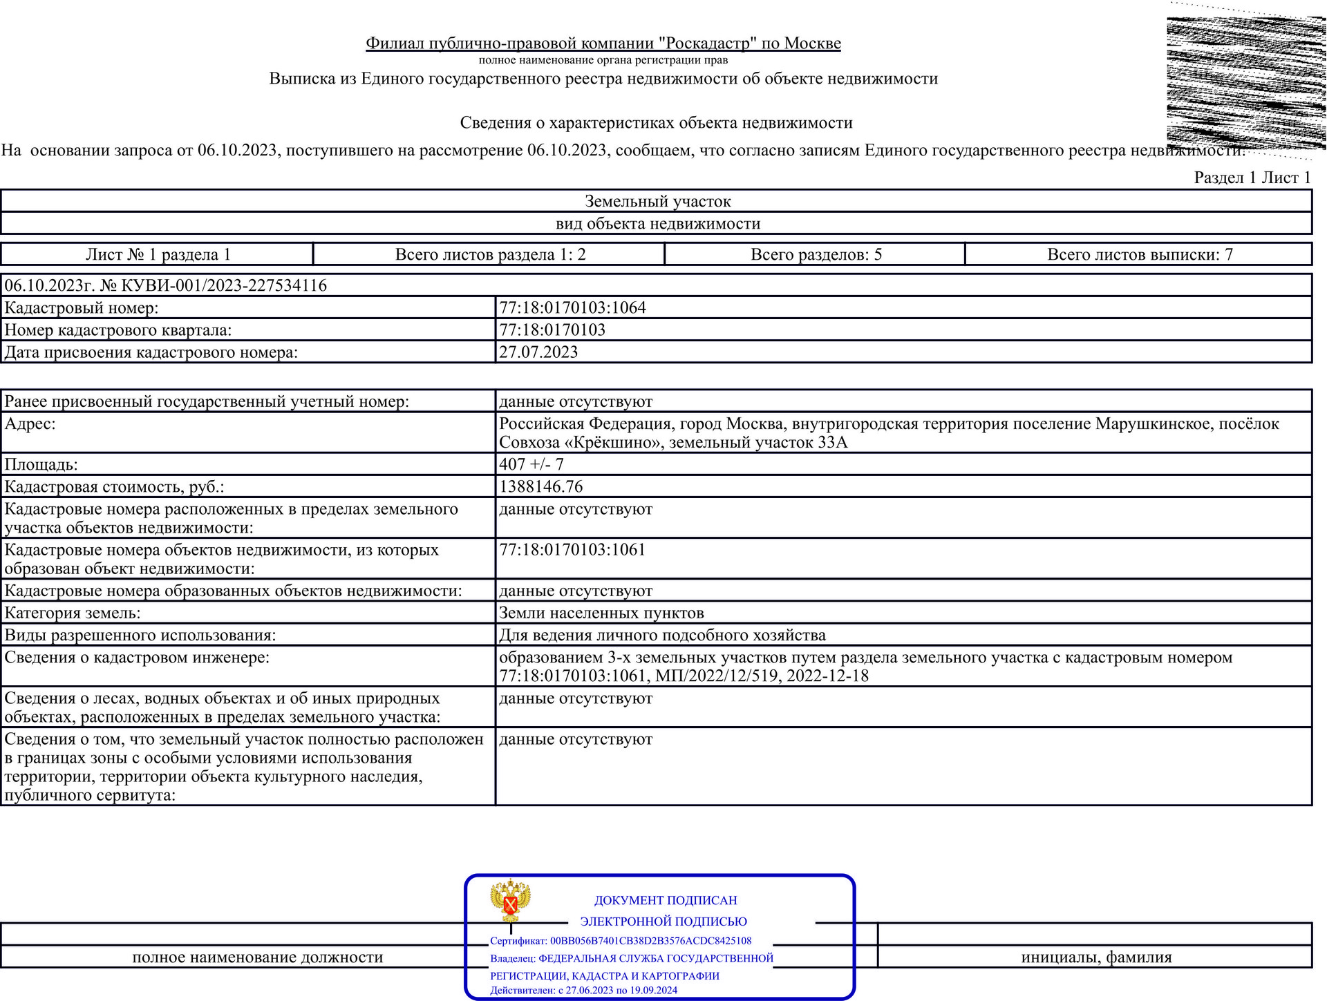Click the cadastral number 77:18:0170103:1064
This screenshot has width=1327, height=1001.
(572, 307)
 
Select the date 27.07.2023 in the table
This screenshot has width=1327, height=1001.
(538, 352)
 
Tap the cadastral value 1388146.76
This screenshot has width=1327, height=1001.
(541, 486)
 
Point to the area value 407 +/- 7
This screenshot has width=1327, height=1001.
(531, 464)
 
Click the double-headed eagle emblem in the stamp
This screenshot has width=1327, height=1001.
(510, 900)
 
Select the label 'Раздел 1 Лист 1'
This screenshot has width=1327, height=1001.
(1252, 178)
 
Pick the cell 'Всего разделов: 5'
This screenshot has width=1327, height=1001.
(816, 254)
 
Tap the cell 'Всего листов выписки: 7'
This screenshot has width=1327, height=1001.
(1140, 254)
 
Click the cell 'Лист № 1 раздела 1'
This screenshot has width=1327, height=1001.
(158, 254)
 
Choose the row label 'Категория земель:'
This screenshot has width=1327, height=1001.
(73, 613)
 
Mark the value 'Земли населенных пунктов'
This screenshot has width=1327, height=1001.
(601, 613)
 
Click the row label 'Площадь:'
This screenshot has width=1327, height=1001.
(41, 464)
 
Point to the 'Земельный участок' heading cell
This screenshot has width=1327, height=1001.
(657, 201)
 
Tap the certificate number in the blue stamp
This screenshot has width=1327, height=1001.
(650, 941)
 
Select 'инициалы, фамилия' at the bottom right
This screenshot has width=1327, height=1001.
(1096, 957)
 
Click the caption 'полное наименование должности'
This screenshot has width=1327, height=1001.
(257, 957)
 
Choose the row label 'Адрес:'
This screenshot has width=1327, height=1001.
(30, 423)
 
